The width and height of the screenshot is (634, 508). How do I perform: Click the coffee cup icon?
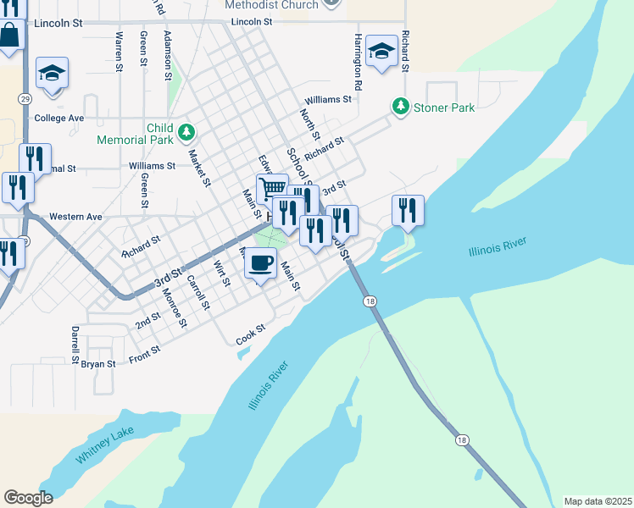(x=262, y=262)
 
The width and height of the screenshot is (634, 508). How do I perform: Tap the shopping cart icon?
(x=271, y=188)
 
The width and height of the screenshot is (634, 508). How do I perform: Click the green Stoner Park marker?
(x=399, y=107)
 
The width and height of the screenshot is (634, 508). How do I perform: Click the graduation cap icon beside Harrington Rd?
(x=382, y=52)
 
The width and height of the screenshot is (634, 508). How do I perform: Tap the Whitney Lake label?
(x=104, y=444)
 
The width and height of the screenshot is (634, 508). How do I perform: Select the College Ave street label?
(x=58, y=118)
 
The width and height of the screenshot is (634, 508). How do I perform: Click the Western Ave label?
(x=75, y=217)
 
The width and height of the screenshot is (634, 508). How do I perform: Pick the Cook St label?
(x=251, y=334)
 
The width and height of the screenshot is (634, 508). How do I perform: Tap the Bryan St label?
(x=97, y=363)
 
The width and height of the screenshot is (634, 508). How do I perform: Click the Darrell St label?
(x=75, y=339)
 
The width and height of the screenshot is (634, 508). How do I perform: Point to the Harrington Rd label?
(x=359, y=63)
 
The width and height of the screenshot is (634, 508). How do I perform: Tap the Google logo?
(x=28, y=498)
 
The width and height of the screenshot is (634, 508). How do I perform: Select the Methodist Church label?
(x=271, y=5)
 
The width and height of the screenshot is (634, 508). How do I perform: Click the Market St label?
(x=199, y=168)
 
